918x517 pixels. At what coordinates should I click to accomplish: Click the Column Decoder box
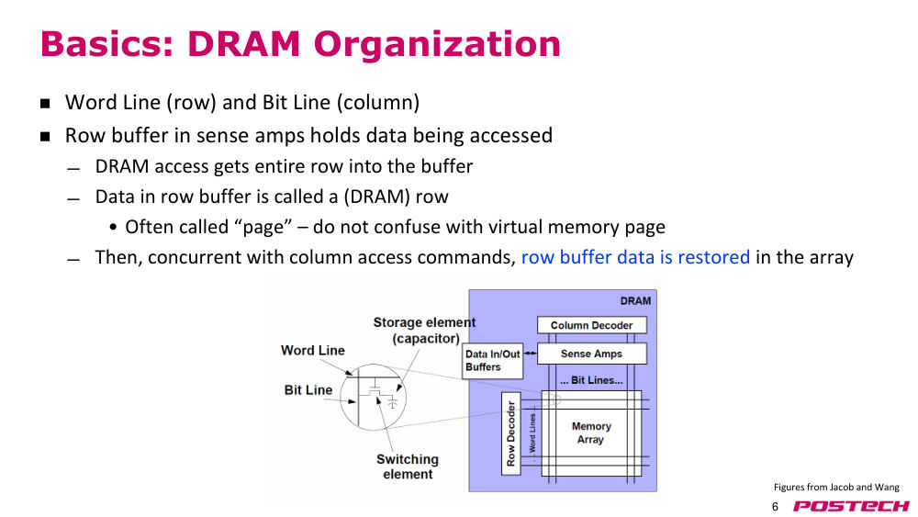pyautogui.click(x=592, y=325)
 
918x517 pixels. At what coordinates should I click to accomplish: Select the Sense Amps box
pyautogui.click(x=592, y=354)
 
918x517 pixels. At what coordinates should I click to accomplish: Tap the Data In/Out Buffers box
pyautogui.click(x=492, y=361)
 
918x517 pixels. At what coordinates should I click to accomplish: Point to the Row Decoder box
pyautogui.click(x=511, y=433)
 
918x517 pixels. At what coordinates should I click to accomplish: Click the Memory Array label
pyautogui.click(x=591, y=433)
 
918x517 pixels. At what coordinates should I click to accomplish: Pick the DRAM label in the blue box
pyautogui.click(x=635, y=301)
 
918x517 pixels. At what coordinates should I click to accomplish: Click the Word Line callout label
pyautogui.click(x=313, y=350)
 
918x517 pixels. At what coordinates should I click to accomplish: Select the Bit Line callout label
pyautogui.click(x=308, y=390)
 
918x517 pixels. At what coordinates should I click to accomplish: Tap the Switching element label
pyautogui.click(x=408, y=466)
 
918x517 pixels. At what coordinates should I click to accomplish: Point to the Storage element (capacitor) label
pyautogui.click(x=424, y=331)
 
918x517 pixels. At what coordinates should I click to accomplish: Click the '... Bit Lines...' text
pyautogui.click(x=591, y=380)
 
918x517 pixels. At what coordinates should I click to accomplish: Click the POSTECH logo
pyautogui.click(x=851, y=506)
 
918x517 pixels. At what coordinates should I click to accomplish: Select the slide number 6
pyautogui.click(x=775, y=507)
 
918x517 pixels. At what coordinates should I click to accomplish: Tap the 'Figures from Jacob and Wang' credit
pyautogui.click(x=836, y=487)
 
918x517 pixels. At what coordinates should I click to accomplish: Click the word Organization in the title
pyautogui.click(x=437, y=44)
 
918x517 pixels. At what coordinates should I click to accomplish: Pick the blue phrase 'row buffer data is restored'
pyautogui.click(x=635, y=257)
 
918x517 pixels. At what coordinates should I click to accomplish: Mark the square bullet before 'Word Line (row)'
pyautogui.click(x=46, y=104)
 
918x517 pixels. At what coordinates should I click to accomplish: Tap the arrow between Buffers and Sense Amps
pyautogui.click(x=530, y=353)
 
